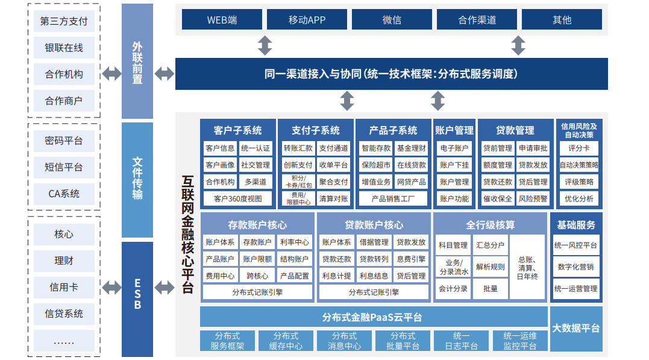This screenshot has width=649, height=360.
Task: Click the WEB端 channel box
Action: [x=222, y=19]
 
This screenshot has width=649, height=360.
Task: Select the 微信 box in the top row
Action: [x=392, y=19]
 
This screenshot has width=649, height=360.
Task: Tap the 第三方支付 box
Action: [x=64, y=21]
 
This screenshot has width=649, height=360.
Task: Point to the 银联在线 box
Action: [x=64, y=48]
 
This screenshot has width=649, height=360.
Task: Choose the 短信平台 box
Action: [x=64, y=167]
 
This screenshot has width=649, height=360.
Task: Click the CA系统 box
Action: [x=64, y=194]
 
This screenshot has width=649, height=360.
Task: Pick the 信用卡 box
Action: [x=64, y=287]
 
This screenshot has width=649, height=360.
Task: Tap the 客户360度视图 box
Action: [x=237, y=198]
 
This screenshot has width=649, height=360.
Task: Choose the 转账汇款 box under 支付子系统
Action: [x=298, y=148]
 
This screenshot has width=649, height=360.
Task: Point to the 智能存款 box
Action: [x=376, y=148]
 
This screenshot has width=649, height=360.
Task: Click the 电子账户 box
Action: [x=454, y=148]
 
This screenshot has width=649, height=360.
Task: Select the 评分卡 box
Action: [x=578, y=148]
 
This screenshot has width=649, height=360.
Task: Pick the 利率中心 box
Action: [x=295, y=242]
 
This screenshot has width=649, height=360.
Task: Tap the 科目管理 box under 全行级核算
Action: [x=453, y=245]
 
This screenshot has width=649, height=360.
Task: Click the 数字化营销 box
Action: [x=575, y=267]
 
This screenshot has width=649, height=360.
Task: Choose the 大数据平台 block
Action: [x=576, y=328]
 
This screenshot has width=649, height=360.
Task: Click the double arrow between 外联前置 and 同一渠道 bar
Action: [x=164, y=74]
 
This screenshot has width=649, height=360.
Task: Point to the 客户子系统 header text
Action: [x=237, y=130]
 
